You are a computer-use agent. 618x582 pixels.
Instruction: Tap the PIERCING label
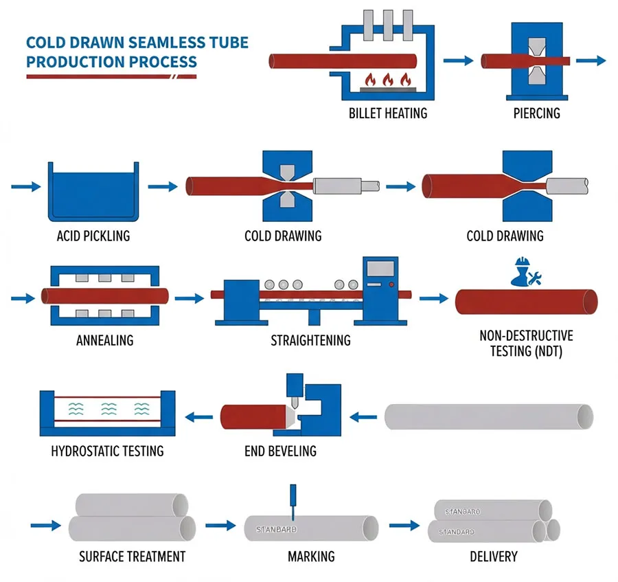point(536,113)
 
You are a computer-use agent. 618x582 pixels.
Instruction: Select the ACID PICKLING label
point(93,236)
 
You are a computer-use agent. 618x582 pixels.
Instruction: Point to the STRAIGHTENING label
point(310,340)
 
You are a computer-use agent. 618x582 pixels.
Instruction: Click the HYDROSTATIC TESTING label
point(107,451)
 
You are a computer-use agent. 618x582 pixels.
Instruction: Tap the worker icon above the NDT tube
point(524,273)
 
